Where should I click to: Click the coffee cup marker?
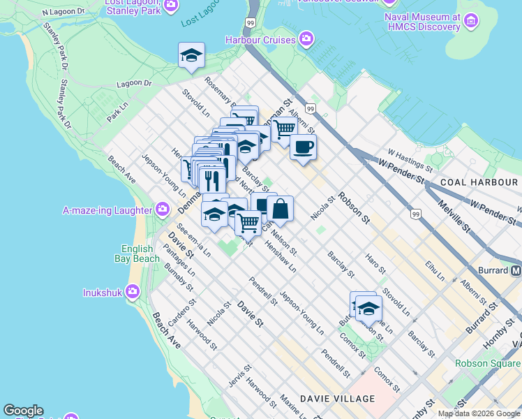pos(303,147)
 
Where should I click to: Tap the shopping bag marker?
pos(280,208)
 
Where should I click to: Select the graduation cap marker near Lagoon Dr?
pos(191,56)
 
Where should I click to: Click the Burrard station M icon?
pos(516,270)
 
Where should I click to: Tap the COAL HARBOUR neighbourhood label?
pos(478,182)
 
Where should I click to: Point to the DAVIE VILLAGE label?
pos(337,399)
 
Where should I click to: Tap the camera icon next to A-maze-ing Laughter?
pos(163,209)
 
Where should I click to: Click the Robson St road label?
pos(354,207)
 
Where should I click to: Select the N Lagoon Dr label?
pos(63,12)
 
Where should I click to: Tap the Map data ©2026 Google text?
pos(479,413)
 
